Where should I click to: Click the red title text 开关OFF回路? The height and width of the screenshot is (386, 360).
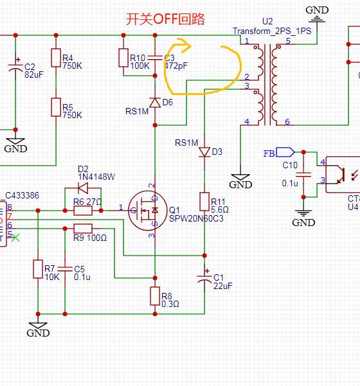[165, 19]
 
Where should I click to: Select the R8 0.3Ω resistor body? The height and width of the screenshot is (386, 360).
[155, 296]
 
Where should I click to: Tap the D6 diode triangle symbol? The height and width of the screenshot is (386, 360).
[155, 102]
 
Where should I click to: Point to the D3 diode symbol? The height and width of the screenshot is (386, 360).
[204, 152]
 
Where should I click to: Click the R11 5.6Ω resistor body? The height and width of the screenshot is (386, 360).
[204, 202]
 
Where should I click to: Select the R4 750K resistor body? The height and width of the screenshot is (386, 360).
[56, 58]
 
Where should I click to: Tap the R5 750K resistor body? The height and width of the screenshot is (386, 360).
[56, 107]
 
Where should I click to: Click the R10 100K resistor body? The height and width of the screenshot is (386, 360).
[123, 58]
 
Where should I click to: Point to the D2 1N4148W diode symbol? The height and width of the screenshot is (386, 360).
[83, 188]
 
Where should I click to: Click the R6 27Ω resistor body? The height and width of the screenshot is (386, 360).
[83, 211]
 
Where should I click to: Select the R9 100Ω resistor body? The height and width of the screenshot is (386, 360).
[83, 229]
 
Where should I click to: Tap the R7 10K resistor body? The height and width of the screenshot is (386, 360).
[38, 269]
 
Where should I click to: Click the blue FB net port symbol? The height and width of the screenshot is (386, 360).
[285, 152]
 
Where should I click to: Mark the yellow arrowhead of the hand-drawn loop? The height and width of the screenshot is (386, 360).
[184, 46]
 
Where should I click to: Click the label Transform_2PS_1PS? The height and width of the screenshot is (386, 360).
[272, 31]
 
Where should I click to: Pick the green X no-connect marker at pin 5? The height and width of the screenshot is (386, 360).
[15, 238]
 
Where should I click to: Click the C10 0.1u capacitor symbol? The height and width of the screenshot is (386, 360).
[303, 175]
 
